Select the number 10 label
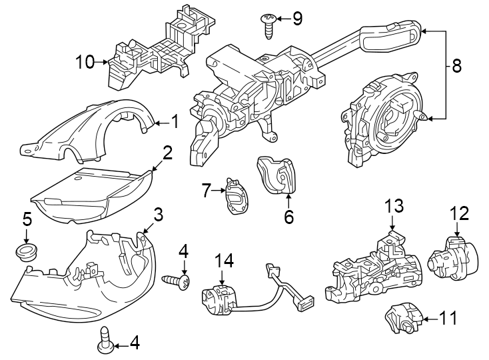click(85, 63)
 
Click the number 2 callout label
click(167, 153)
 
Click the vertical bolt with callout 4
click(105, 338)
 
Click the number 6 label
click(288, 217)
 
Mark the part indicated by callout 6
click(276, 175)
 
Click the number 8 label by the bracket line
click(456, 67)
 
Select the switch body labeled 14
click(219, 297)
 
